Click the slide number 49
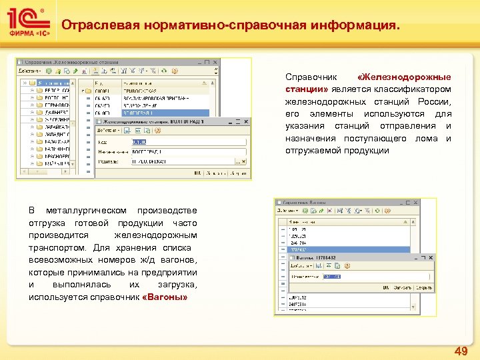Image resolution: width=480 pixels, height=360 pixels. [461, 351]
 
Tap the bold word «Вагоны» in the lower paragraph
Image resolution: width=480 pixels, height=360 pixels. [165, 296]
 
